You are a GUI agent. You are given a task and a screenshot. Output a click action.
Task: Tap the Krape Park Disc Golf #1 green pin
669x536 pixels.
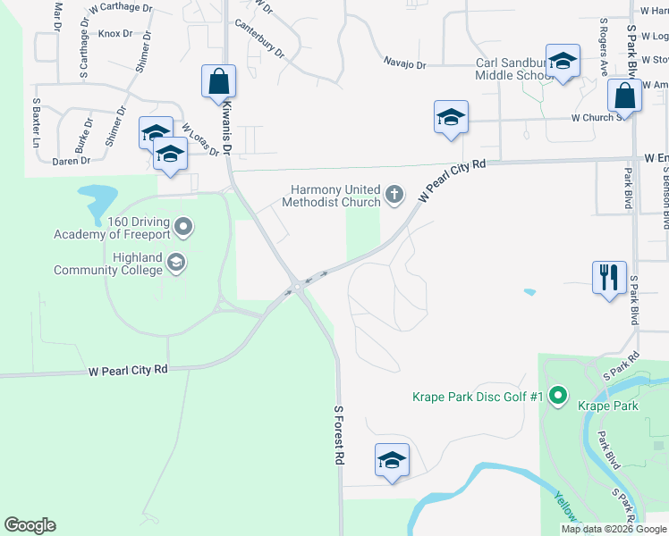click(x=558, y=394)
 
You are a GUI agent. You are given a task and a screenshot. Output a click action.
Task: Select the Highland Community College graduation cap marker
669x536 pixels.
click(x=176, y=263)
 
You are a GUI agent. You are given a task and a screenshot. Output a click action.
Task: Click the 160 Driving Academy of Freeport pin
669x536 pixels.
click(x=183, y=226)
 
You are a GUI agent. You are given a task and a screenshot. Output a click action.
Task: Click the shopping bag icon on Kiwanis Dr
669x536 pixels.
click(x=218, y=82)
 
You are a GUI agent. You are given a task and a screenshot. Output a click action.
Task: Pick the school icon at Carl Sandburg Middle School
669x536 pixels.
click(x=563, y=63)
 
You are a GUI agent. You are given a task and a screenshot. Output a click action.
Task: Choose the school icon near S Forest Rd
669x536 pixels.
click(x=392, y=460)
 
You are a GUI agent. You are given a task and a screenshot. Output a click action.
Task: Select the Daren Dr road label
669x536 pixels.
click(x=72, y=161)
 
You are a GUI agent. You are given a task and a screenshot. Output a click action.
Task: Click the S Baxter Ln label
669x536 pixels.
click(x=38, y=123)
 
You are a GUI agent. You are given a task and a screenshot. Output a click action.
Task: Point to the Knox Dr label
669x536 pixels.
click(x=115, y=34)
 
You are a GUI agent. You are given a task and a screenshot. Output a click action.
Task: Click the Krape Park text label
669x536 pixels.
click(x=608, y=406)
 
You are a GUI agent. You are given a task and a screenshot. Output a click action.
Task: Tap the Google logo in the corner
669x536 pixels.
click(x=30, y=525)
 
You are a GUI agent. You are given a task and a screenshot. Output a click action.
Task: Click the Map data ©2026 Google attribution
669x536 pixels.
click(x=613, y=529)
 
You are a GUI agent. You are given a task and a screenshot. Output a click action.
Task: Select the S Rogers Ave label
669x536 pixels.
click(x=605, y=45)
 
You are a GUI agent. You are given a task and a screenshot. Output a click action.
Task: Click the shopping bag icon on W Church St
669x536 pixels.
click(x=624, y=96)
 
